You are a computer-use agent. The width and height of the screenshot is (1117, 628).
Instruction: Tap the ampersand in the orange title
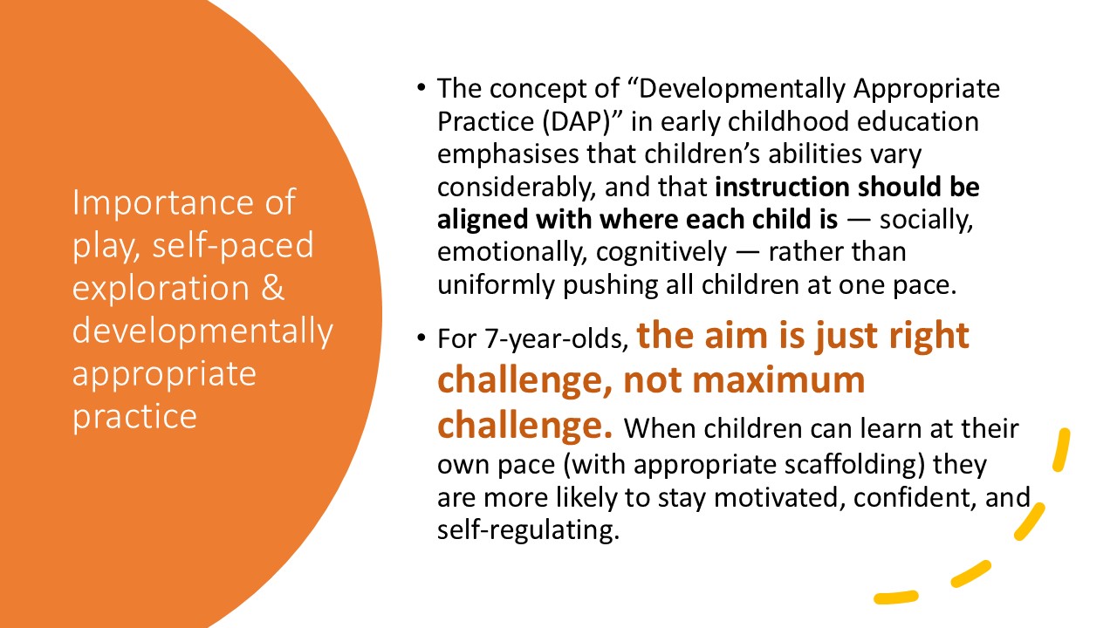pos(272,288)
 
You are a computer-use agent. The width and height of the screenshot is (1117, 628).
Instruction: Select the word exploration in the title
pos(161,288)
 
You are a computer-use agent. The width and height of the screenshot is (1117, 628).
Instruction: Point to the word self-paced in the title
pos(233,245)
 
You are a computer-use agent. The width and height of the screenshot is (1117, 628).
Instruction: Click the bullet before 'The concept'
pos(421,88)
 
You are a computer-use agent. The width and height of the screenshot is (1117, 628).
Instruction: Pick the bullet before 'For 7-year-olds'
pos(421,338)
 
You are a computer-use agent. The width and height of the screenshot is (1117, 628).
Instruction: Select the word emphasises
pos(508,154)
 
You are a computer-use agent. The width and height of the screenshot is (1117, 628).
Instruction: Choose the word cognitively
pos(661,252)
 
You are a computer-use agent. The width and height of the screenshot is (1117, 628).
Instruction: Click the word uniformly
pos(497,285)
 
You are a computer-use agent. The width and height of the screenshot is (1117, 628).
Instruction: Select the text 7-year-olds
pos(557,339)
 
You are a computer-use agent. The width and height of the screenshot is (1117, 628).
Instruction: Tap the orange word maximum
pos(778,380)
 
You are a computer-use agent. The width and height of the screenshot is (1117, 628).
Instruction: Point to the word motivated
pos(780,497)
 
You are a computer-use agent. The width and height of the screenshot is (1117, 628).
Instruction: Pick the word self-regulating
pos(528,529)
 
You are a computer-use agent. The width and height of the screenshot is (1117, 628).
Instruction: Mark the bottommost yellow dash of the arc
pos(896,597)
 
